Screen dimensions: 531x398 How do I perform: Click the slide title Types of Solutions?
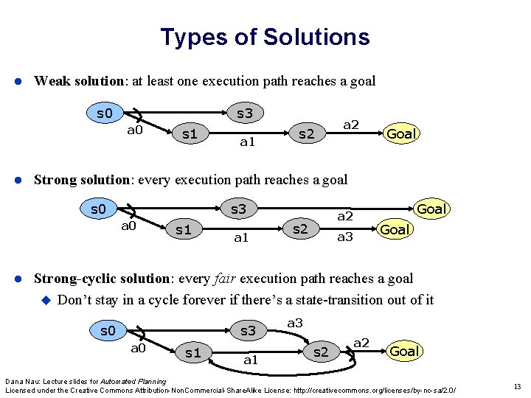pos(265,37)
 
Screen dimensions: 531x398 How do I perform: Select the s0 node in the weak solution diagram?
pos(105,114)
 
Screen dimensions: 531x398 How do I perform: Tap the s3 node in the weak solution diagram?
pos(244,114)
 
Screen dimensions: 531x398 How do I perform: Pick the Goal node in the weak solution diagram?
pos(402,133)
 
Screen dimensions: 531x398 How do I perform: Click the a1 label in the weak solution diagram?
pos(247,142)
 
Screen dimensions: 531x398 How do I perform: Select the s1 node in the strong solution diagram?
pos(183,229)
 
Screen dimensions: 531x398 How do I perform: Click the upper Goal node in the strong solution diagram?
pos(432,209)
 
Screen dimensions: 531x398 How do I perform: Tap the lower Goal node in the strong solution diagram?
pos(395,229)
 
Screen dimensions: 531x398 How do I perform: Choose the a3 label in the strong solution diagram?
pos(344,237)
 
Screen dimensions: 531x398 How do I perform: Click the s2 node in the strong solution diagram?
pos(300,228)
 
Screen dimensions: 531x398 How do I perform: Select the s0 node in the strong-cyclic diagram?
pos(108,330)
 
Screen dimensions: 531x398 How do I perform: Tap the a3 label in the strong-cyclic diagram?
pos(295,323)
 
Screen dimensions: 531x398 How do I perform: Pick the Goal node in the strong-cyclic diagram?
pos(404,351)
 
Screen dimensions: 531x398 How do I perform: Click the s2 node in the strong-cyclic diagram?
pos(320,352)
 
